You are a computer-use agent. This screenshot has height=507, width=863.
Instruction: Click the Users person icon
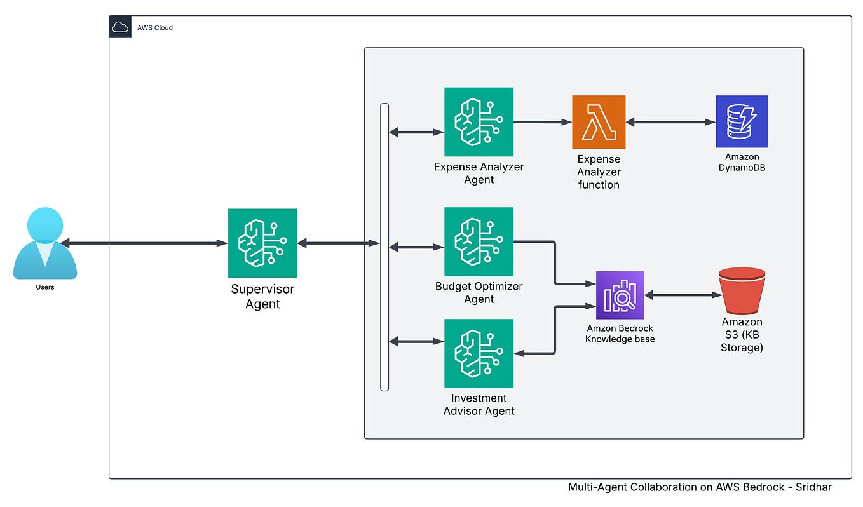pos(45,243)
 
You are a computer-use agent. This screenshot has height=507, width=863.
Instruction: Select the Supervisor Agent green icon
pos(262,243)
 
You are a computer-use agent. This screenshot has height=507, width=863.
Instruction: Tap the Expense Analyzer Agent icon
pos(479,122)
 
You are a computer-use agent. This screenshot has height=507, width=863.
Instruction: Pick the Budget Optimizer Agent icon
pos(479,241)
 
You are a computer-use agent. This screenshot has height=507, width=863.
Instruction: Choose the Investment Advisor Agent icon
pos(479,353)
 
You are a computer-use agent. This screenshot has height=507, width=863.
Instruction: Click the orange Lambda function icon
pos(599,122)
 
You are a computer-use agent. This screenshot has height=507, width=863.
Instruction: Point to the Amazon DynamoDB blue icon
pos(742,121)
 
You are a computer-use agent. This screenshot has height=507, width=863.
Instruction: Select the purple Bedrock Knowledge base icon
pos(620,295)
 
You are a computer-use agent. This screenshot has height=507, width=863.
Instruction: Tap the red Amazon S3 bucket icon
pos(742,291)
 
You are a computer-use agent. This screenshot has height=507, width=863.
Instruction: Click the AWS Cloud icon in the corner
pos(120,27)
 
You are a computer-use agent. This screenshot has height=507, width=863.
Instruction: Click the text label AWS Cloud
pos(155,28)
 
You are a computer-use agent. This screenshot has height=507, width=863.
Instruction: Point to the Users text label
pos(45,287)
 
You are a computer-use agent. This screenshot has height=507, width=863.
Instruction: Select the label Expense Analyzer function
pos(599,172)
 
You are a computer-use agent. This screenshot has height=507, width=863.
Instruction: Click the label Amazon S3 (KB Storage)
pos(742,335)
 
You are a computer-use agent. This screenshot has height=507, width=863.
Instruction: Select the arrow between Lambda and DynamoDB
pos(670,121)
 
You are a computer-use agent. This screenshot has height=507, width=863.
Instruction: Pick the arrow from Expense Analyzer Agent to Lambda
pos(542,121)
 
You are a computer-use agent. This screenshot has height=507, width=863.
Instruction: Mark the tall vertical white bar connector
pos(384,247)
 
